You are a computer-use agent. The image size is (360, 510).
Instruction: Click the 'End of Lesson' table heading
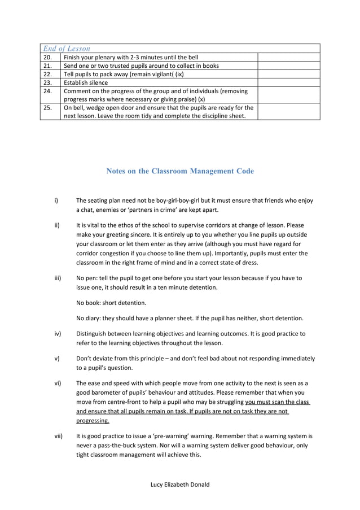[67, 49]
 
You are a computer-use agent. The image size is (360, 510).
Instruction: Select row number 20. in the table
[48, 57]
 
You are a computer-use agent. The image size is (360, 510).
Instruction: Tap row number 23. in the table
[48, 82]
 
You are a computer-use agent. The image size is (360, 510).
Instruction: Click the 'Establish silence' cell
[86, 82]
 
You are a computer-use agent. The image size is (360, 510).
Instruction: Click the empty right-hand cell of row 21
[288, 66]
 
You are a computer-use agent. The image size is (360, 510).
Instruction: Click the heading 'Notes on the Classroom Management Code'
[180, 171]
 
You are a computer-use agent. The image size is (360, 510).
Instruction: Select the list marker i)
[56, 200]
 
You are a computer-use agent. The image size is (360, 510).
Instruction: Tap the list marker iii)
[57, 278]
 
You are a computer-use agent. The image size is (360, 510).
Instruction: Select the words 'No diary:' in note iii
[89, 317]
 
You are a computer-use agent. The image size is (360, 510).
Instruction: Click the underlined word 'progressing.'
[93, 421]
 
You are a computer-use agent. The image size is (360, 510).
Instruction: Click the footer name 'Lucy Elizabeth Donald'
[180, 485]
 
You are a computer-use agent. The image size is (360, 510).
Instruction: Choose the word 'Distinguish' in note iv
[93, 334]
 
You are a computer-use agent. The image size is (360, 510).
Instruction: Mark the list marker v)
[56, 359]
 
